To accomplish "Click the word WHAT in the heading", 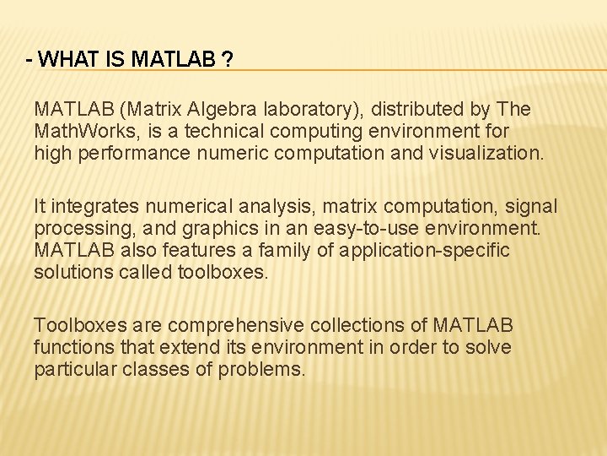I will [x=64, y=60].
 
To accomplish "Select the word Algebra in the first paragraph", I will [x=222, y=110].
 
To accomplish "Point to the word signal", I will [x=531, y=205].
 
